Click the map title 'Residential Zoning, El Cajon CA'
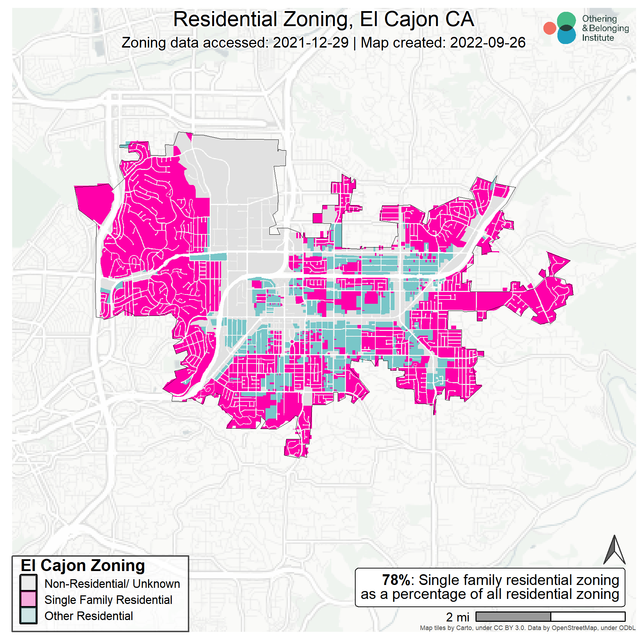(323, 19)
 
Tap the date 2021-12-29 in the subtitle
(311, 43)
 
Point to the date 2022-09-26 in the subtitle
(488, 43)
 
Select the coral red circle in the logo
(550, 28)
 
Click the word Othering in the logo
(599, 19)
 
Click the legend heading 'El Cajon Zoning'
(83, 566)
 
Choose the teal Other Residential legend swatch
(28, 615)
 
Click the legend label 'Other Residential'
(88, 616)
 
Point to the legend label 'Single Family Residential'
(108, 600)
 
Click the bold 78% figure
(396, 580)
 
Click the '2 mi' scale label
(457, 617)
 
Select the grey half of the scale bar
(513, 616)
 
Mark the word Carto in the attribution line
(465, 628)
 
